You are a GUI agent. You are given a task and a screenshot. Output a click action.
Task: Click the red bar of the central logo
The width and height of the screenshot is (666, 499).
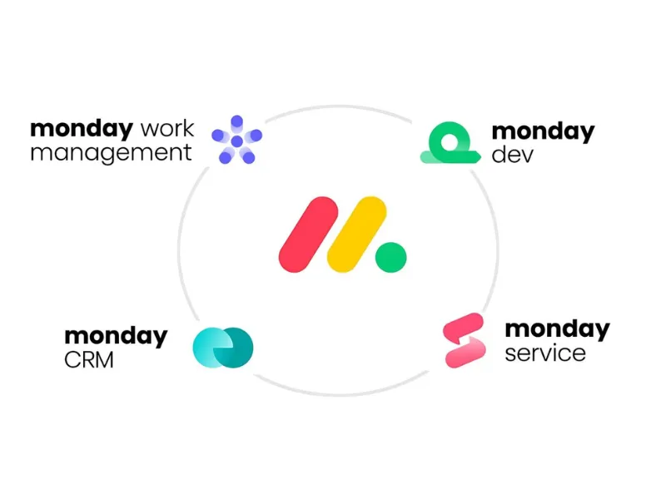tap(307, 234)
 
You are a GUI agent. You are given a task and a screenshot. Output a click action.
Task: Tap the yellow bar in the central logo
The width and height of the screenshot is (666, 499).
tap(357, 234)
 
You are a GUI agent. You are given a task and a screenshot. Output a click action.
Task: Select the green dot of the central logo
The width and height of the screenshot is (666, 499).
tap(390, 257)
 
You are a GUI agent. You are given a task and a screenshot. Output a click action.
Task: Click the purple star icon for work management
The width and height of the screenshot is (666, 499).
tap(236, 139)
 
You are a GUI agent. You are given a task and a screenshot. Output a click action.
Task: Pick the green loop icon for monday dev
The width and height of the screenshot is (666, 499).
tap(450, 143)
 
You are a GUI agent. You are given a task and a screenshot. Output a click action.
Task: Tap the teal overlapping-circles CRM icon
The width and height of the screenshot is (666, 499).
tap(222, 347)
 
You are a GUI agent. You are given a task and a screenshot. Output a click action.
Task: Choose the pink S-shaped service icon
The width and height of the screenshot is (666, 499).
tap(464, 340)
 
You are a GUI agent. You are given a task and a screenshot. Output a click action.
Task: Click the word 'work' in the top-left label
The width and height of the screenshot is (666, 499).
tap(167, 130)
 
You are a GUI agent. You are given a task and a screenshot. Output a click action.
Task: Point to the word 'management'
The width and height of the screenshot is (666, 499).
tap(111, 153)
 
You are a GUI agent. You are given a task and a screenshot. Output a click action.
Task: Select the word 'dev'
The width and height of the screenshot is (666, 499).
tap(510, 155)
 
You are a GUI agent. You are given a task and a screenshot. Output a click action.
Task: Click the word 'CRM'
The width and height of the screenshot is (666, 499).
tap(89, 361)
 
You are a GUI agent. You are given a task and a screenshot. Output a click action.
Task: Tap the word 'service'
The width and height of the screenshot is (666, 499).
tap(544, 353)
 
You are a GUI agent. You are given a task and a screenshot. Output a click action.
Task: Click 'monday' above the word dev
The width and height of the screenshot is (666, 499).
tap(543, 131)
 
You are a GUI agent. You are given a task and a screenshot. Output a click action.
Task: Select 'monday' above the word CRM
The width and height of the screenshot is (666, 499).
tap(116, 337)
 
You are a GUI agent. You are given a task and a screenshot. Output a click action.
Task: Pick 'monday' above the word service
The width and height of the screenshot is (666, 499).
tap(557, 329)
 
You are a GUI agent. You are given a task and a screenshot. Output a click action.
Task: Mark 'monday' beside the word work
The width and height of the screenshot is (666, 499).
tap(82, 130)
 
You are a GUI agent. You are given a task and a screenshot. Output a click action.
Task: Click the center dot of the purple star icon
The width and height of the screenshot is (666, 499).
tap(236, 142)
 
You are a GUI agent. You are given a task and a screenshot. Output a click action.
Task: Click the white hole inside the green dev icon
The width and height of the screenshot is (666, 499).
tap(450, 140)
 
